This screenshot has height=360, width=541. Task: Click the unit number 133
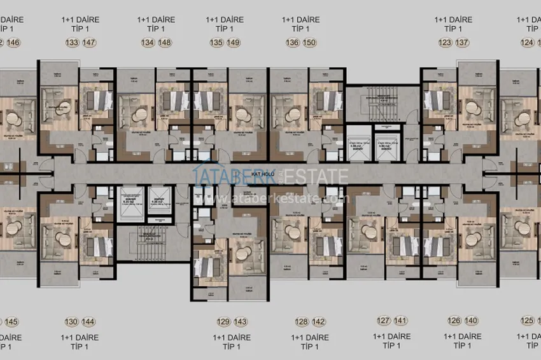tap(72, 43)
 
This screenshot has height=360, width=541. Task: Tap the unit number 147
tap(90, 43)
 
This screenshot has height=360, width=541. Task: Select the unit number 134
tap(148, 43)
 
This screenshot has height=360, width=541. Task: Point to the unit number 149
tap(234, 43)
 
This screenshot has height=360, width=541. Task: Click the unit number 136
tap(292, 43)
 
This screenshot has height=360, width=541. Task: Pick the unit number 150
tap(310, 43)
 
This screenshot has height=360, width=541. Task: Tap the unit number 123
tap(444, 43)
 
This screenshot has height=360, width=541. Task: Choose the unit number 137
tap(462, 43)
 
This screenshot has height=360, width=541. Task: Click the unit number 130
tap(72, 321)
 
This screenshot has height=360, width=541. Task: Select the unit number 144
tap(90, 321)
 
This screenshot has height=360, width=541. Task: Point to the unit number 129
tap(223, 321)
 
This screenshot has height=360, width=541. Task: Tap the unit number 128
tap(301, 321)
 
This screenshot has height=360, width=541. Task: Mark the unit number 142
tap(319, 321)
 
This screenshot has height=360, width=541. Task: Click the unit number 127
tap(383, 321)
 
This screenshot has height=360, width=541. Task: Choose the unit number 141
tap(401, 321)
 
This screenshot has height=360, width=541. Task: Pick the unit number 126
tap(453, 321)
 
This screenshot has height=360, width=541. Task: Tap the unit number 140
tap(471, 321)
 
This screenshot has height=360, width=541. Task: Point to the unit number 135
tap(216, 43)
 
